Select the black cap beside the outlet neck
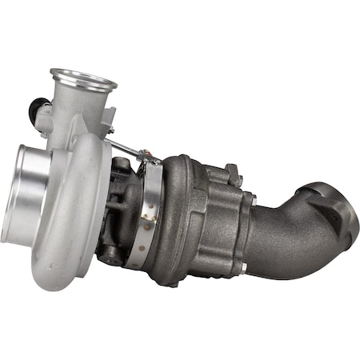click(37, 107)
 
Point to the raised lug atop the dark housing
click(233, 171)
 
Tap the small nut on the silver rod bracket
click(110, 130)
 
